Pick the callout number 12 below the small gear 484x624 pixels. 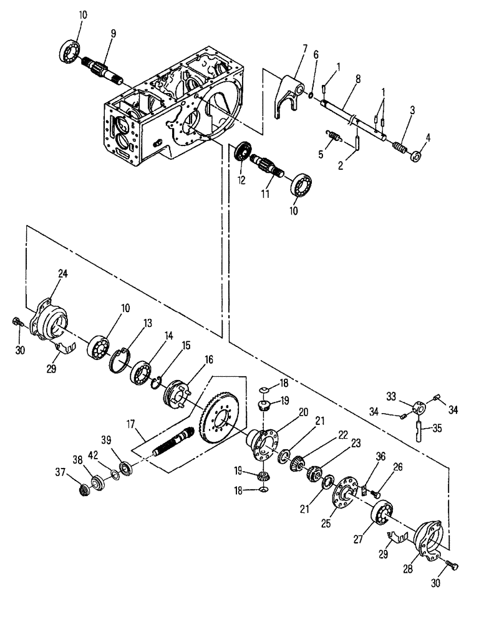[x=242, y=179]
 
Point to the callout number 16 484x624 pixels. [x=190, y=359]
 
